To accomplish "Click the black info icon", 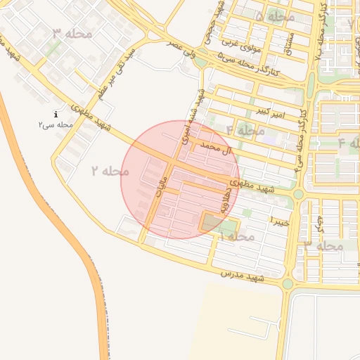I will (56, 114).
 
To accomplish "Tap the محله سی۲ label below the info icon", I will (56, 124).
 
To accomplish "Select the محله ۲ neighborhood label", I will (110, 171).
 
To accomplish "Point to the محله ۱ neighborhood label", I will (236, 237).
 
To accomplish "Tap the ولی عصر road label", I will (181, 48).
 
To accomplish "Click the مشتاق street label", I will (288, 42).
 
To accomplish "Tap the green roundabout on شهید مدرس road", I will (287, 284).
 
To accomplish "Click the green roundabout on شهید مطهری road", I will (298, 193).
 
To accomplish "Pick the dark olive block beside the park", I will (210, 223).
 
